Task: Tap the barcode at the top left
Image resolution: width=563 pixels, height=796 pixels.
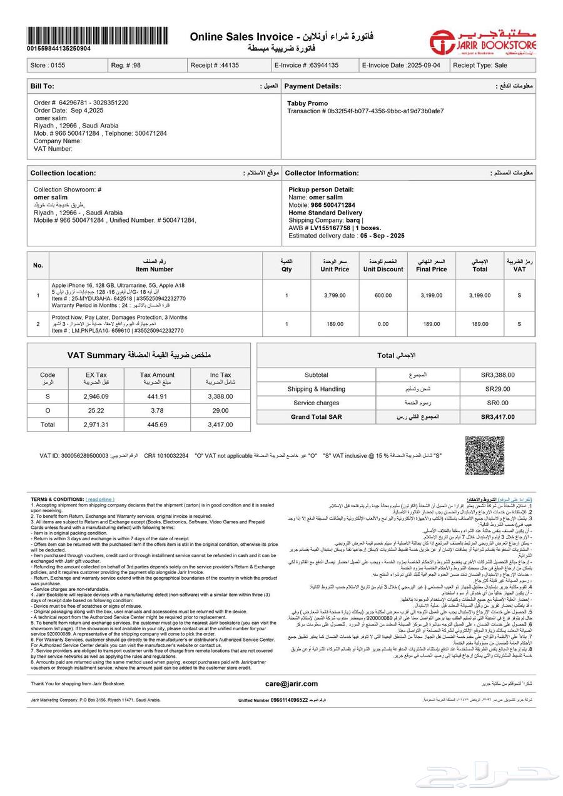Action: pyautogui.click(x=98, y=35)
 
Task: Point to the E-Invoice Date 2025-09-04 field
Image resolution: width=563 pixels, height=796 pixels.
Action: pyautogui.click(x=401, y=65)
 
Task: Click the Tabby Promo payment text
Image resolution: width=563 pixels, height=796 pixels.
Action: pyautogui.click(x=307, y=103)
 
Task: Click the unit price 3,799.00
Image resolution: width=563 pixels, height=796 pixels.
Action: pyautogui.click(x=335, y=295)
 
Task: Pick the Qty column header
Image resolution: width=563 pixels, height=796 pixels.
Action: pyautogui.click(x=287, y=265)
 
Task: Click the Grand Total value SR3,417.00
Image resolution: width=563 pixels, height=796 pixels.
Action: pyautogui.click(x=498, y=416)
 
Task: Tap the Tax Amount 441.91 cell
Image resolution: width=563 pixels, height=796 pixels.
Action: pyautogui.click(x=158, y=396)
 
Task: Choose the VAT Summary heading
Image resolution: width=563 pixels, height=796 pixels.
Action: pyautogui.click(x=139, y=355)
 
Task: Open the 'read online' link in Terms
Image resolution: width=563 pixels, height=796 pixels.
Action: pyautogui.click(x=100, y=500)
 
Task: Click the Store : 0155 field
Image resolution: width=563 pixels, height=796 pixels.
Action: pyautogui.click(x=48, y=65)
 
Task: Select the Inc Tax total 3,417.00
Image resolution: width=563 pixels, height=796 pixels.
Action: pyautogui.click(x=220, y=425)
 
